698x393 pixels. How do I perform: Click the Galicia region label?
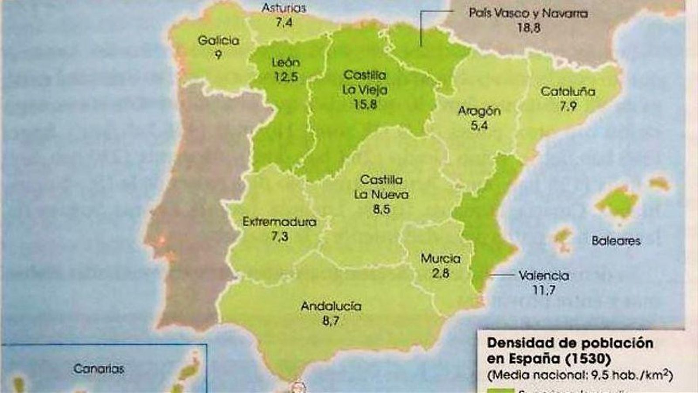pos(218,41)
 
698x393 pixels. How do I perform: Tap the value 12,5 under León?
pos(286,77)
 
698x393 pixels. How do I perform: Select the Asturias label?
pos(284,8)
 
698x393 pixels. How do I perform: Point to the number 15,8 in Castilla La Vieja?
pos(365,104)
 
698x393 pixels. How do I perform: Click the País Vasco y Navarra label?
pos(528,13)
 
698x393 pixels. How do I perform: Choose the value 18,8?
pos(528,28)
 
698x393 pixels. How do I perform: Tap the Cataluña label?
pos(568,92)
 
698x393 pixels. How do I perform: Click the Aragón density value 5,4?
pos(479,126)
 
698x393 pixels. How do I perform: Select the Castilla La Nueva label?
pos(381,187)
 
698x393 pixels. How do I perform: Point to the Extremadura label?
pos(279,222)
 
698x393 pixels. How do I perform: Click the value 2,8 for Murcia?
pos(440,273)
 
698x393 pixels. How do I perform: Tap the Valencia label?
pos(544,276)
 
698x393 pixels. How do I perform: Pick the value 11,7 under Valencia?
pos(544,290)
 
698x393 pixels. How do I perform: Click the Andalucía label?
pos(331,306)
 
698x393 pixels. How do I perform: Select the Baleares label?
pos(616,241)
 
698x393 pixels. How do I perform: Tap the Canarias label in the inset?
pos(99,369)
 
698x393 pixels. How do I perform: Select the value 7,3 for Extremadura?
pos(280,236)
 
